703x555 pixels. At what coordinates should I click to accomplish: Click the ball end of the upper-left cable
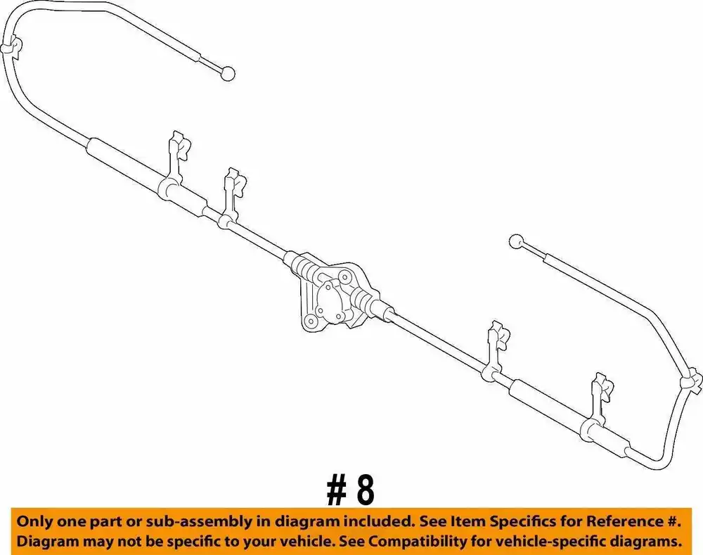tap(228, 73)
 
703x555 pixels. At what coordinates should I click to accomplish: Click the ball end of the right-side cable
tap(517, 242)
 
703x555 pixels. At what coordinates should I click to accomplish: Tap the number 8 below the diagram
tap(366, 490)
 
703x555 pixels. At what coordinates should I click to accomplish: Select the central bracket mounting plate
tap(335, 296)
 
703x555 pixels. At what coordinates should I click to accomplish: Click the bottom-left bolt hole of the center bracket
tap(309, 321)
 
